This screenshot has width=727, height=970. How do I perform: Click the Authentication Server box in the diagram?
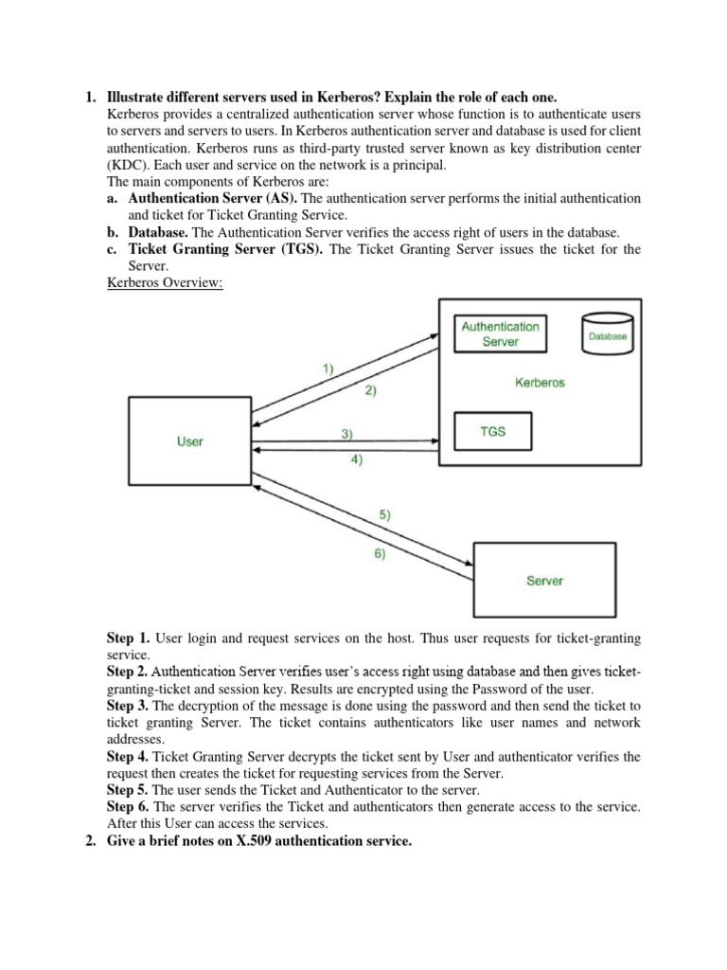(500, 333)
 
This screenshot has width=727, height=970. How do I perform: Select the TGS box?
(493, 432)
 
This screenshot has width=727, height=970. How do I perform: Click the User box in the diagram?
(189, 441)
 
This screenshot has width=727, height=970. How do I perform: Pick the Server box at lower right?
(543, 581)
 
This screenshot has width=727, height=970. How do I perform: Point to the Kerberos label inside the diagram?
(540, 383)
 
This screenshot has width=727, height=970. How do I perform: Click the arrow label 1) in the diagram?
(328, 368)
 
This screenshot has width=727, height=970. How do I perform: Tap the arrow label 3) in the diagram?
(346, 434)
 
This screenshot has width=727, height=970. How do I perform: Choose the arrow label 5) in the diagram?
(384, 515)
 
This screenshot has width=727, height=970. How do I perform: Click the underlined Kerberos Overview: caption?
(165, 283)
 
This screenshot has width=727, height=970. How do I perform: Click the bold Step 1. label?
(128, 639)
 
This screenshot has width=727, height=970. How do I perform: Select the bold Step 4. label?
(128, 757)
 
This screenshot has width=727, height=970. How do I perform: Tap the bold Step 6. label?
(128, 806)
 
